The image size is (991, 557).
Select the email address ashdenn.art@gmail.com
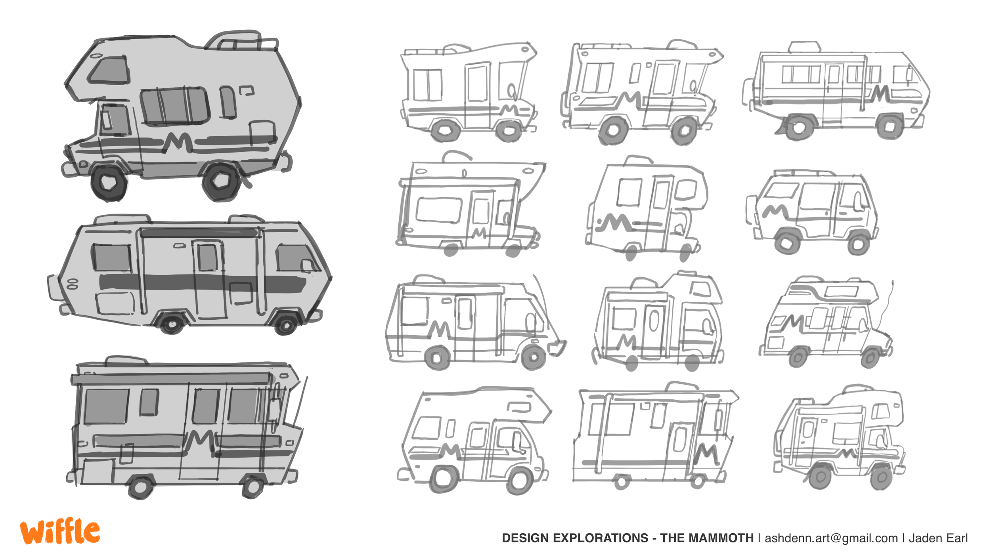pyautogui.click(x=831, y=538)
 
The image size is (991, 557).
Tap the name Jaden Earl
pyautogui.click(x=938, y=538)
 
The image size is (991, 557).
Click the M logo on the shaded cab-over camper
pyautogui.click(x=178, y=143)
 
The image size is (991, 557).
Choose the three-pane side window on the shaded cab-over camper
pyautogui.click(x=174, y=105)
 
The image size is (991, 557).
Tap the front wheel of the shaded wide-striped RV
pyautogui.click(x=285, y=325)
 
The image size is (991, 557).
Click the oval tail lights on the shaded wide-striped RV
pyautogui.click(x=73, y=283)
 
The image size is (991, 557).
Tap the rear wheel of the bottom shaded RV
pyautogui.click(x=140, y=486)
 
